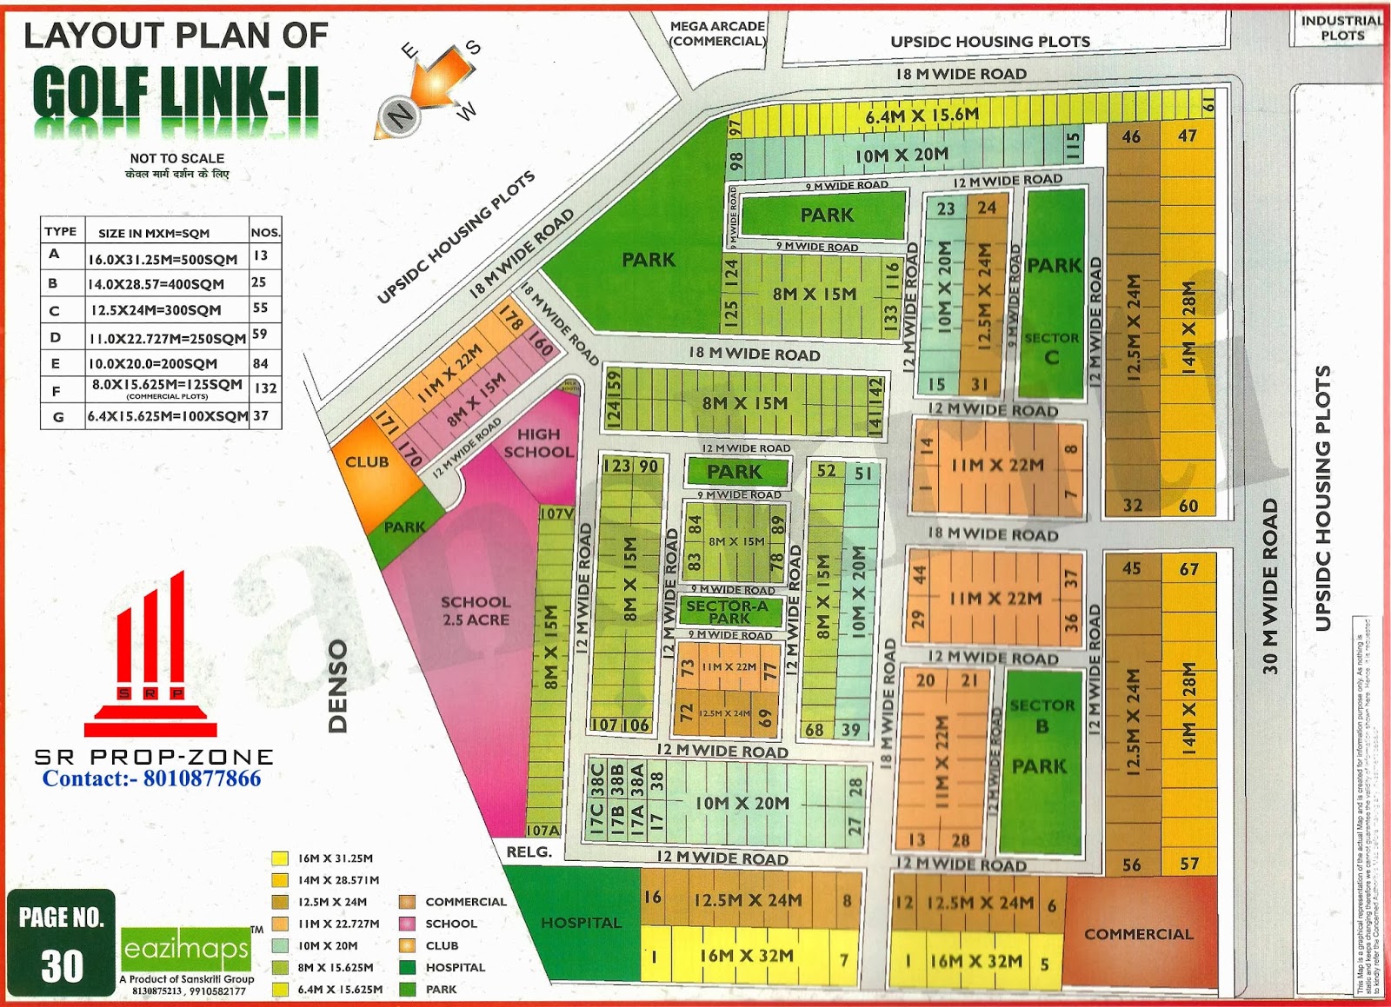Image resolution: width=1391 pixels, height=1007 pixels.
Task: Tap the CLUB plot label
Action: pyautogui.click(x=367, y=461)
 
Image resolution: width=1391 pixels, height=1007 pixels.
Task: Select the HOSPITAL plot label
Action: pyautogui.click(x=581, y=923)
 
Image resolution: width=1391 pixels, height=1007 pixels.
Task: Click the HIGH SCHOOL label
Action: pyautogui.click(x=538, y=442)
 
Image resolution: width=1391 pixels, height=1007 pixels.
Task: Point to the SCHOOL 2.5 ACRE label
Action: pyautogui.click(x=475, y=610)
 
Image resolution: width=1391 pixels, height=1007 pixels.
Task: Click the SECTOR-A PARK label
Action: pyautogui.click(x=728, y=612)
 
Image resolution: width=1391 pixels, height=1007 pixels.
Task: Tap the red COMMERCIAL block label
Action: pyautogui.click(x=1138, y=934)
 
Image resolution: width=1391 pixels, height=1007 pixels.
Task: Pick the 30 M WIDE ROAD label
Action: pyautogui.click(x=1270, y=586)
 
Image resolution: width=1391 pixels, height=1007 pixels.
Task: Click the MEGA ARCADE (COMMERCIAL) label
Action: pyautogui.click(x=717, y=33)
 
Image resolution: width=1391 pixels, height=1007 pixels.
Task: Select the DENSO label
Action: pyautogui.click(x=338, y=686)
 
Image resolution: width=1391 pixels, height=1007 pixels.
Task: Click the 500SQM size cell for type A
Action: pyautogui.click(x=163, y=259)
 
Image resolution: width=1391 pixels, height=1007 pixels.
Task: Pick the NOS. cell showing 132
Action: pyautogui.click(x=265, y=388)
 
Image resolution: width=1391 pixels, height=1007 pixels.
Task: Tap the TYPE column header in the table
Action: pyautogui.click(x=61, y=231)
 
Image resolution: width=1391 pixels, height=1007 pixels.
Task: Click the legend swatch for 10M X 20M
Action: pyautogui.click(x=279, y=945)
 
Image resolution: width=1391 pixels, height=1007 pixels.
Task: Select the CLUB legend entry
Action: pyautogui.click(x=442, y=945)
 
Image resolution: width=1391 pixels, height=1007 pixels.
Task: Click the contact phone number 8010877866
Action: pyautogui.click(x=202, y=778)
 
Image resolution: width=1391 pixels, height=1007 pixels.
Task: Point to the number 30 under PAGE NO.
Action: pyautogui.click(x=62, y=966)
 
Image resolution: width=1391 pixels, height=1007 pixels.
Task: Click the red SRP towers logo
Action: pyautogui.click(x=150, y=656)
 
